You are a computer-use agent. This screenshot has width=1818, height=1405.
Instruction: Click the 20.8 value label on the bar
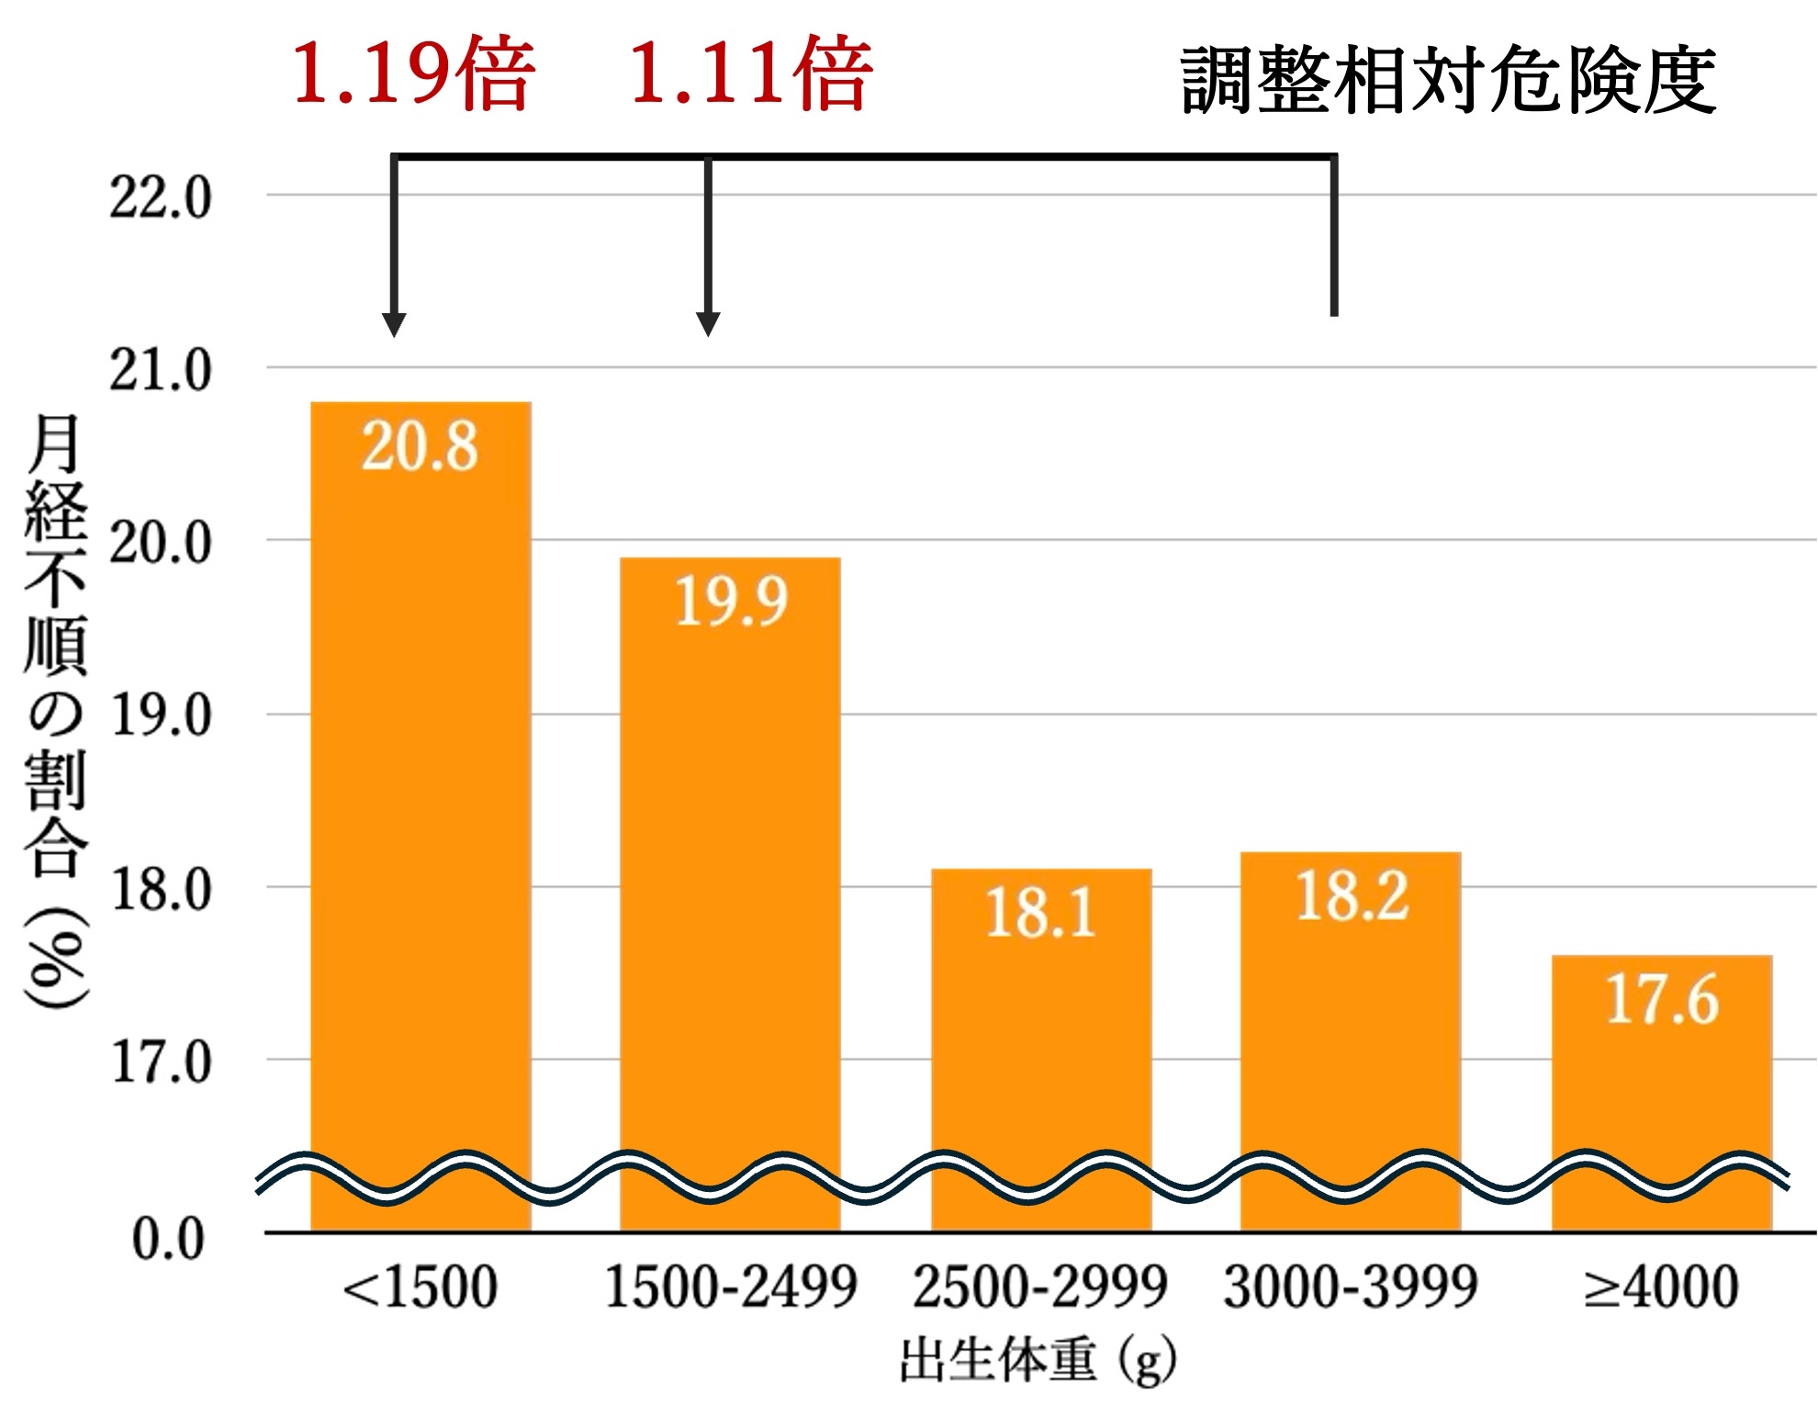click(420, 446)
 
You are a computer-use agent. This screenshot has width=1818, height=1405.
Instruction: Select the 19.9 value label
click(731, 601)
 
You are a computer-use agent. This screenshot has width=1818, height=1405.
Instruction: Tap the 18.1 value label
click(1041, 913)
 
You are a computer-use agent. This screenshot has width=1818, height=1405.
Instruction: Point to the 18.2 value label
click(1352, 896)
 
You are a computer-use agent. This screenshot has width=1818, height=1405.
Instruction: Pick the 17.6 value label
click(1662, 999)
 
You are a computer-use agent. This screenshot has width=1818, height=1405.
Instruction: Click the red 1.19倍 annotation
click(413, 73)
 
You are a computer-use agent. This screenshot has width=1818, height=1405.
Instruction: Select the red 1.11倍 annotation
click(751, 73)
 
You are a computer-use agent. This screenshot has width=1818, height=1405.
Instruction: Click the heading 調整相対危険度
click(1448, 81)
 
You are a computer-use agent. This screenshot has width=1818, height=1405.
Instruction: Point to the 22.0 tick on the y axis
click(161, 197)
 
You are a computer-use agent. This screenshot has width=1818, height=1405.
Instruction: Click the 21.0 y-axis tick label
click(161, 370)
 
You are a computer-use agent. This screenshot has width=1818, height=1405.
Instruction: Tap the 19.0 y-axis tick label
click(161, 716)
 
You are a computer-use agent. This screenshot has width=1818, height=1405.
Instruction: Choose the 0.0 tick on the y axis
click(168, 1239)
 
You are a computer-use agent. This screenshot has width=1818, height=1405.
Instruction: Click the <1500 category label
click(420, 1287)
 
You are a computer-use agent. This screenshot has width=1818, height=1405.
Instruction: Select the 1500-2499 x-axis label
click(731, 1287)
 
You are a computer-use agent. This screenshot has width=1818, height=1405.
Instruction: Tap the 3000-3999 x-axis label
click(1352, 1287)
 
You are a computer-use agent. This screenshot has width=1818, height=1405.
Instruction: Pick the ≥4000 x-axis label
click(1662, 1287)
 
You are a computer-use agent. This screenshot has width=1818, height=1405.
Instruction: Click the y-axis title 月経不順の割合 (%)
click(55, 712)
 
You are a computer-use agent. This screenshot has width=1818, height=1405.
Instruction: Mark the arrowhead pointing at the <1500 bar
click(394, 324)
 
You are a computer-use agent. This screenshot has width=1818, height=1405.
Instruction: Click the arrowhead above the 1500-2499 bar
click(708, 324)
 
